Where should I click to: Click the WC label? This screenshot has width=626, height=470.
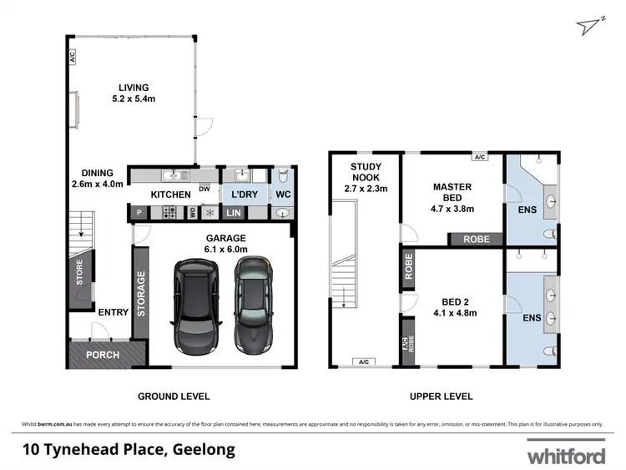(282, 195)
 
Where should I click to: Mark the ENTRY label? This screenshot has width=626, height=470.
(113, 313)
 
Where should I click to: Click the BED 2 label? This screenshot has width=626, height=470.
(454, 308)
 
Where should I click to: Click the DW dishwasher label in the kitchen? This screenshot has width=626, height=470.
(204, 188)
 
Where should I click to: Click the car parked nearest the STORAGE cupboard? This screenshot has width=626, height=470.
(195, 306)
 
